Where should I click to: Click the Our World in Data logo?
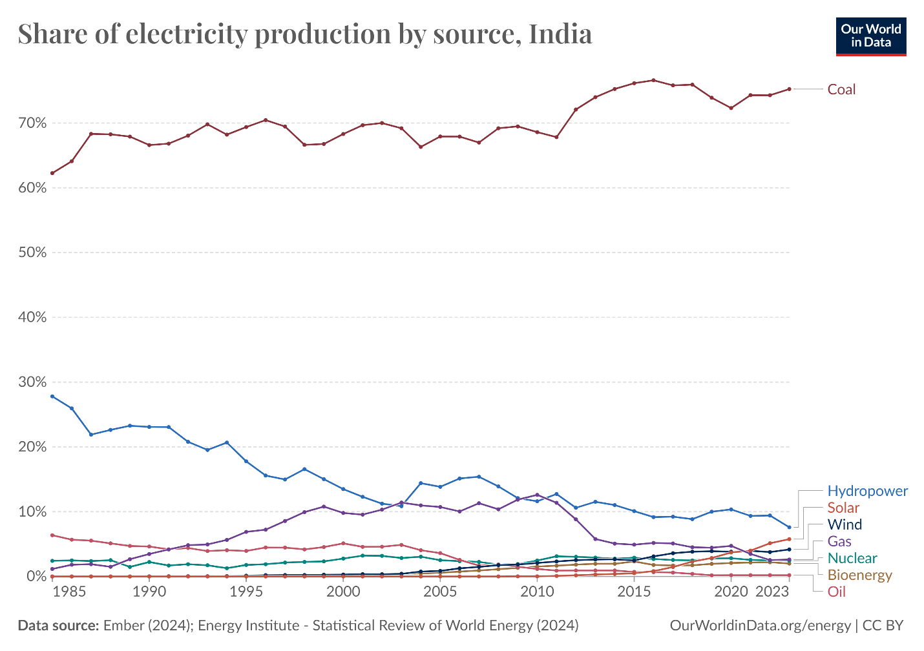click(x=870, y=36)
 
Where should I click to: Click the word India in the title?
click(x=560, y=34)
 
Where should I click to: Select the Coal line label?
click(x=841, y=89)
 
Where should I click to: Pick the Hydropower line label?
click(x=867, y=491)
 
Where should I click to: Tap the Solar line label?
click(x=843, y=508)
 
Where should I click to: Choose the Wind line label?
click(x=845, y=524)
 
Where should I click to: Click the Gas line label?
click(x=839, y=541)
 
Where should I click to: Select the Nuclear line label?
click(x=852, y=558)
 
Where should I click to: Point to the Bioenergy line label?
click(x=859, y=575)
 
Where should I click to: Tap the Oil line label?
click(x=836, y=592)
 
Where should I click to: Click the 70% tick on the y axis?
click(x=32, y=123)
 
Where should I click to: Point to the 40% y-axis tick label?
click(x=32, y=317)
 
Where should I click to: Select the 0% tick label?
click(x=36, y=576)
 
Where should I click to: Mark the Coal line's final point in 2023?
click(x=789, y=89)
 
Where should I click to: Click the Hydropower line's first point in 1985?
click(x=72, y=408)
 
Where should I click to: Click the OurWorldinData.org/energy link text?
click(x=760, y=625)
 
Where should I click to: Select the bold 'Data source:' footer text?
click(x=58, y=625)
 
